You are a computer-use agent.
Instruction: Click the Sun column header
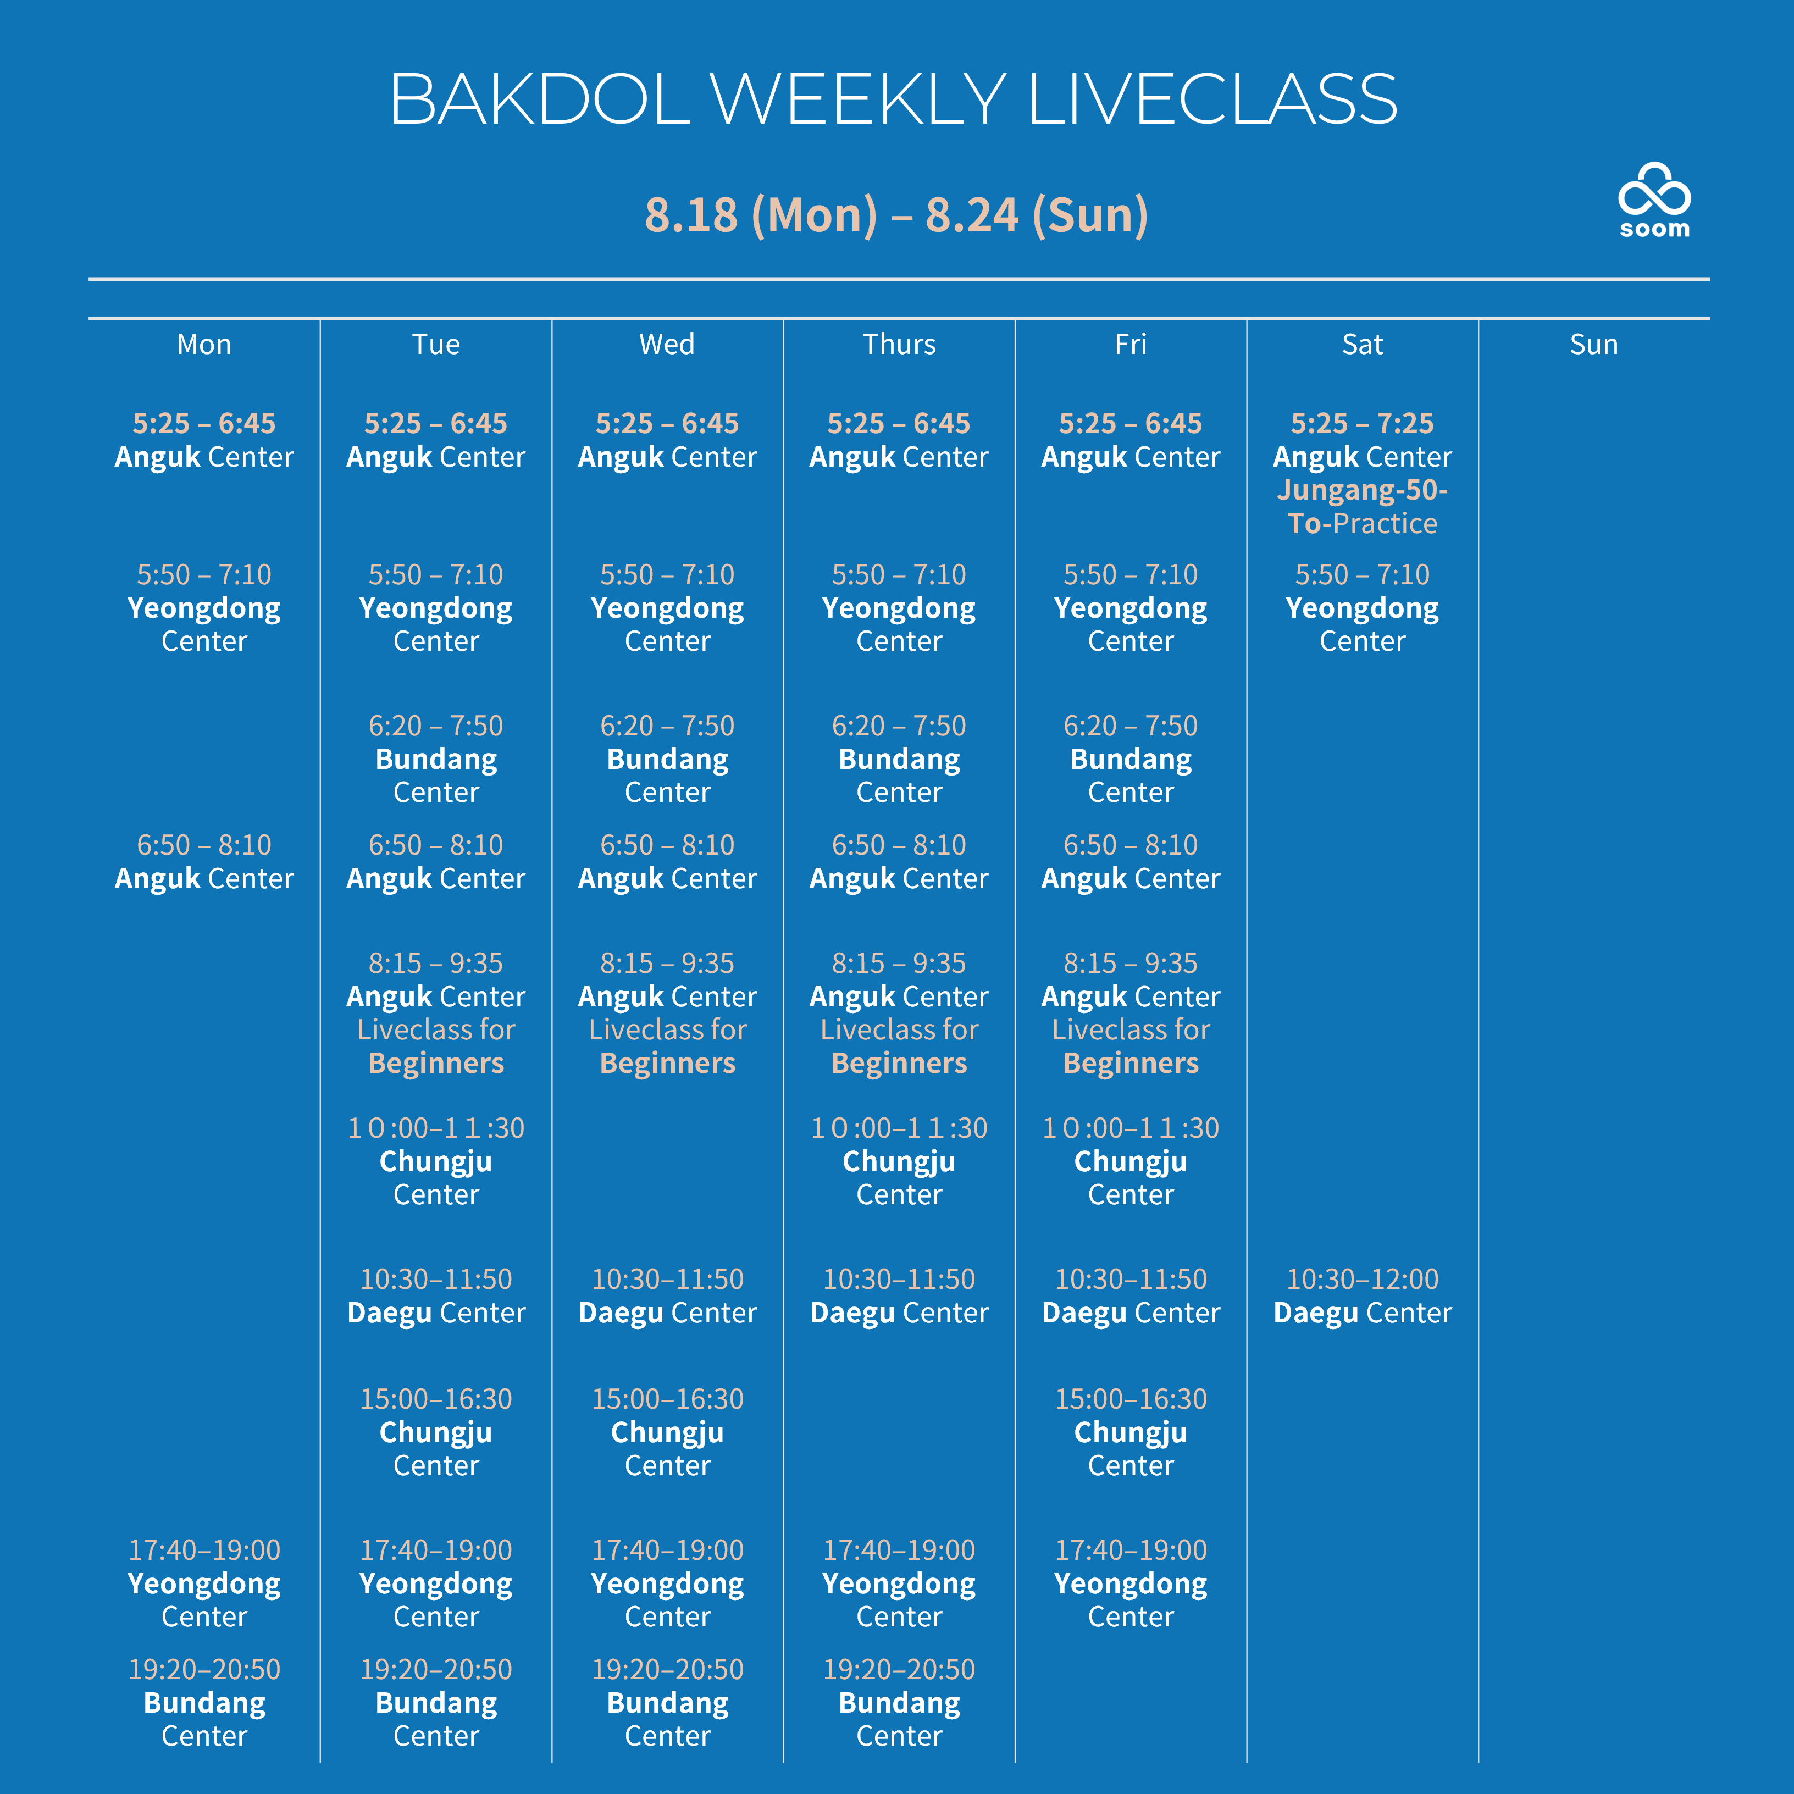[x=1593, y=345]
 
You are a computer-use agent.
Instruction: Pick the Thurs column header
[x=899, y=345]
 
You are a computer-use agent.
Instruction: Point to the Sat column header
[x=1362, y=345]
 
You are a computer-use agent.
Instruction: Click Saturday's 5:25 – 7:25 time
[x=1362, y=423]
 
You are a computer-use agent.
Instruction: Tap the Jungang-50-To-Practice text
[x=1362, y=506]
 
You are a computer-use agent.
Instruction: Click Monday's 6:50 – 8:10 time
[x=204, y=845]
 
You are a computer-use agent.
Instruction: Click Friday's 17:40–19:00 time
[x=1131, y=1550]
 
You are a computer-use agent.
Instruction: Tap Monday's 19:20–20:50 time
[x=204, y=1670]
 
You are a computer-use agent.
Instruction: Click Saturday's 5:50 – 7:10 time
[x=1362, y=575]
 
